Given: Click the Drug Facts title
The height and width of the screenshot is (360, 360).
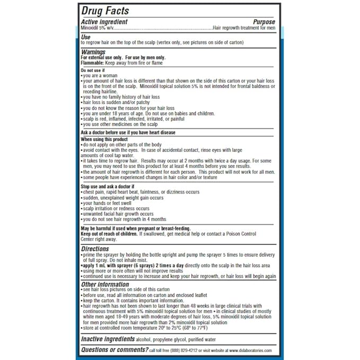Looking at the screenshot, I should (x=105, y=11).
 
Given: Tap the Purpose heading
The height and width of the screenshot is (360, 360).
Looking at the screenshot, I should (x=264, y=22).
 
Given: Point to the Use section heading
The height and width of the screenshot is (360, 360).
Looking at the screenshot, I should (x=85, y=37).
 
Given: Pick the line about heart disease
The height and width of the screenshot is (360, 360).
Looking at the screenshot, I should (x=128, y=133).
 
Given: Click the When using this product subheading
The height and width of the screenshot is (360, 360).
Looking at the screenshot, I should (x=104, y=139).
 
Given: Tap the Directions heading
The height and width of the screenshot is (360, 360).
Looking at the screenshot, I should (x=95, y=248).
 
